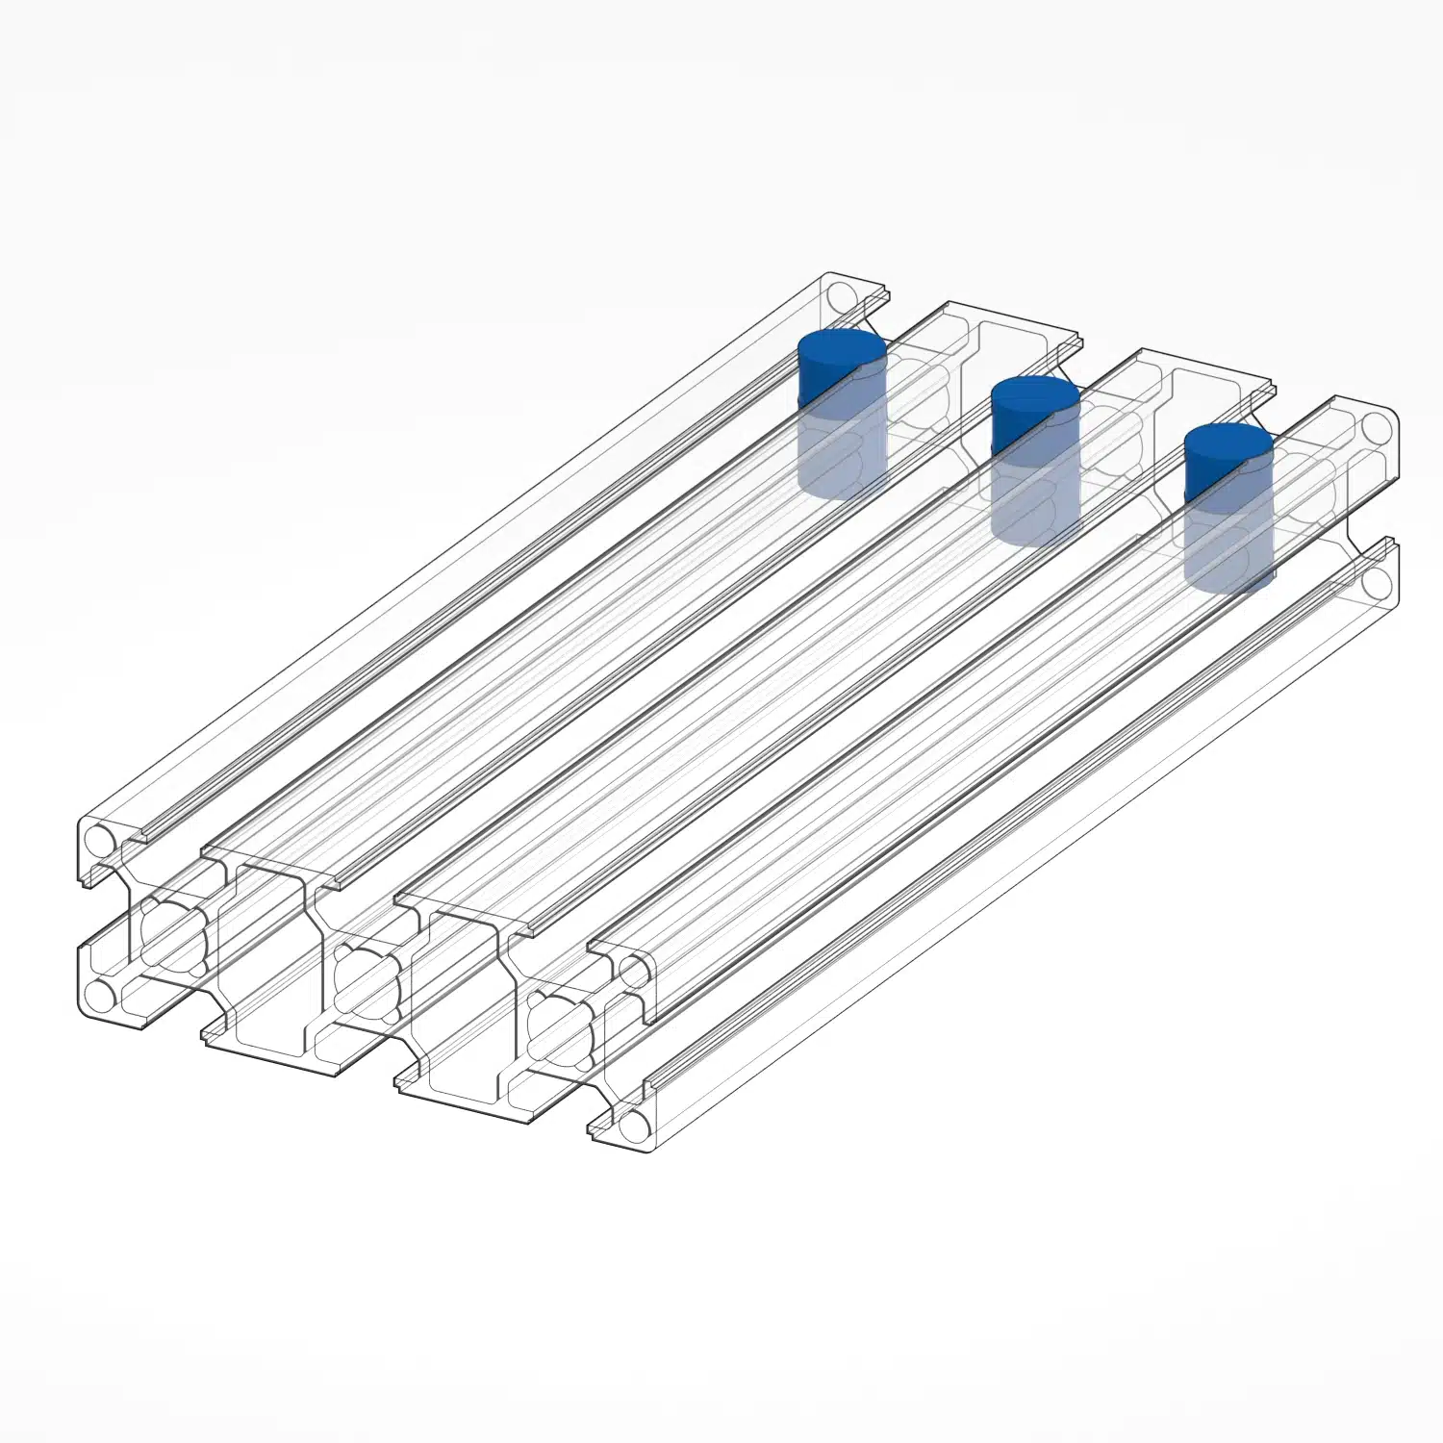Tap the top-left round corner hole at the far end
point(843,295)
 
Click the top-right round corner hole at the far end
point(1377,426)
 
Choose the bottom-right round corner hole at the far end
point(1377,581)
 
